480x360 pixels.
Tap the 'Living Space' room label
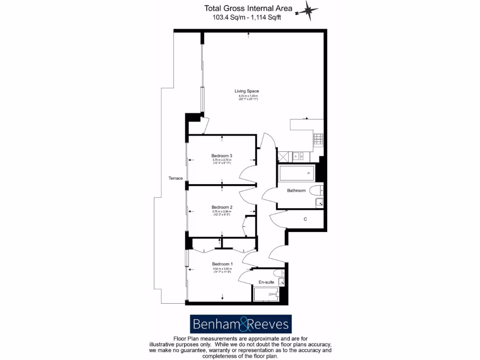click(247, 91)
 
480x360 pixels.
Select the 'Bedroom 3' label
click(222, 156)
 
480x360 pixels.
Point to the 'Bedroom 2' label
click(222, 207)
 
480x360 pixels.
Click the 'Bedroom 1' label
click(222, 264)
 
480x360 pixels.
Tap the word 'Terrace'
click(175, 178)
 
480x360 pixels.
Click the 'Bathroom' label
click(296, 190)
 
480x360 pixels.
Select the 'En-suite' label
click(266, 282)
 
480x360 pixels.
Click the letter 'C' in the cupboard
click(305, 219)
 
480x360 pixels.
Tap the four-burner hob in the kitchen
click(318, 139)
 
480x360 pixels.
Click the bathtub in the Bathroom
click(297, 174)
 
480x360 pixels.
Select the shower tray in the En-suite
click(266, 294)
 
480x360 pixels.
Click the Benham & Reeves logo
click(240, 324)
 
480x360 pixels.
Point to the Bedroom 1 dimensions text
click(222, 270)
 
